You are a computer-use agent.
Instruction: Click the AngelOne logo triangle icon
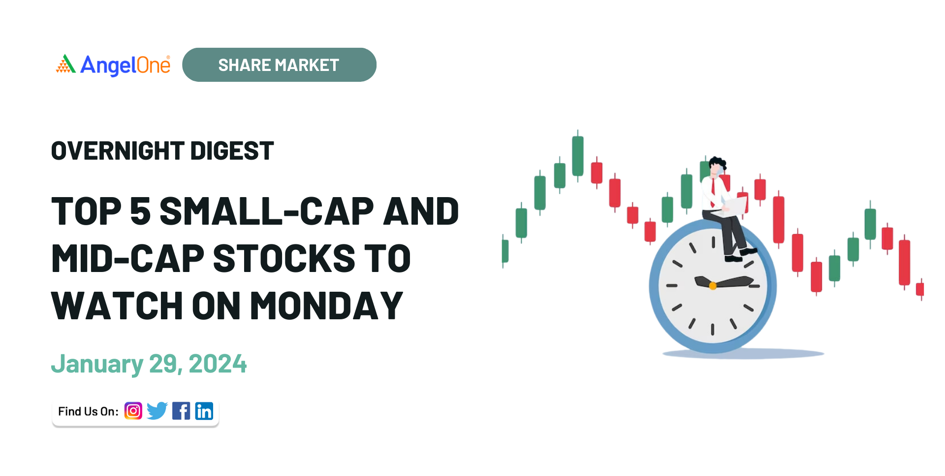pyautogui.click(x=65, y=64)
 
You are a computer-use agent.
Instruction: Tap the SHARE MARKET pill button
pyautogui.click(x=279, y=65)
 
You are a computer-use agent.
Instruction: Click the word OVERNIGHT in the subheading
pyautogui.click(x=118, y=151)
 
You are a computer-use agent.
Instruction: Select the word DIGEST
pyautogui.click(x=232, y=151)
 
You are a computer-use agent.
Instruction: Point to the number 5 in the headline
pyautogui.click(x=141, y=211)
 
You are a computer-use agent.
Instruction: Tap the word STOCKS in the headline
pyautogui.click(x=284, y=259)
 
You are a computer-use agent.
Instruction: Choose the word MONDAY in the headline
pyautogui.click(x=327, y=306)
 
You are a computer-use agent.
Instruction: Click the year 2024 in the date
pyautogui.click(x=218, y=364)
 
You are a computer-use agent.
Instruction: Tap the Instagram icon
pyautogui.click(x=133, y=411)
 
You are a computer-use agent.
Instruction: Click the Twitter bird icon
pyautogui.click(x=157, y=411)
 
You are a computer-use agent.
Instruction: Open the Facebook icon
pyautogui.click(x=181, y=411)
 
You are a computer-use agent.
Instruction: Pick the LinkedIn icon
pyautogui.click(x=204, y=411)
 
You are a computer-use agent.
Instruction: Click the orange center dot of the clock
pyautogui.click(x=712, y=286)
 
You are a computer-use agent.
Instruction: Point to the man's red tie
pyautogui.click(x=713, y=192)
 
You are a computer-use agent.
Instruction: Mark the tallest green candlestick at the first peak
pyautogui.click(x=578, y=156)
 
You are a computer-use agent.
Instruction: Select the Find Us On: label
pyautogui.click(x=88, y=411)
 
